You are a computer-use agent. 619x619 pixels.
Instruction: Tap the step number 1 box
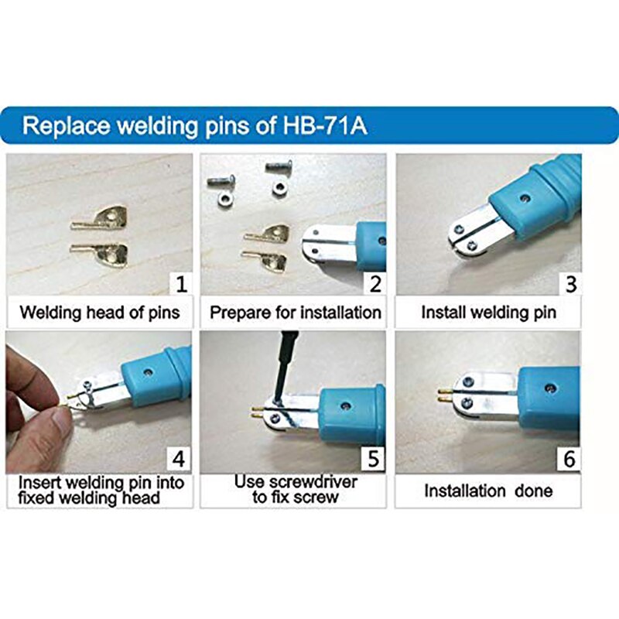pos(180,283)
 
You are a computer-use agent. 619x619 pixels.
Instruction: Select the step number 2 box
pos(375,283)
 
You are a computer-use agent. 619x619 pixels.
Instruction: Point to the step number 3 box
pos(570,283)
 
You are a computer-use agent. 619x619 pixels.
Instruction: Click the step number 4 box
pos(180,459)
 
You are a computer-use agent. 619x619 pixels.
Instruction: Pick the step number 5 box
pos(374,459)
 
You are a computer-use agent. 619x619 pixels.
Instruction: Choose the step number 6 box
pos(569,459)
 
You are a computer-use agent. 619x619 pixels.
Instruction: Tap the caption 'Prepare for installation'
pos(296,313)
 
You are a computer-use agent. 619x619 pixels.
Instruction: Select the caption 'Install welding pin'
pos(488,313)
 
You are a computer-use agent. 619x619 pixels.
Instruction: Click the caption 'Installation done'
pos(488,491)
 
